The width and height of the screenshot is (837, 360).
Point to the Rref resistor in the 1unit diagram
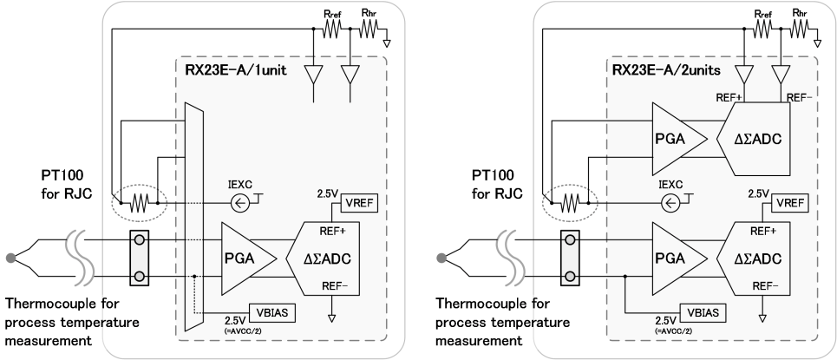pyautogui.click(x=330, y=28)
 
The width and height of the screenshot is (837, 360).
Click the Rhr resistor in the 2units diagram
pyautogui.click(x=801, y=28)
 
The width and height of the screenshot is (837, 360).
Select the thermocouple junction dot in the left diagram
pyautogui.click(x=10, y=257)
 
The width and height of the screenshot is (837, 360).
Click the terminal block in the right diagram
pyautogui.click(x=571, y=257)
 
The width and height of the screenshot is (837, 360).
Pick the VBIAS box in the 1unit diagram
pyautogui.click(x=276, y=310)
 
